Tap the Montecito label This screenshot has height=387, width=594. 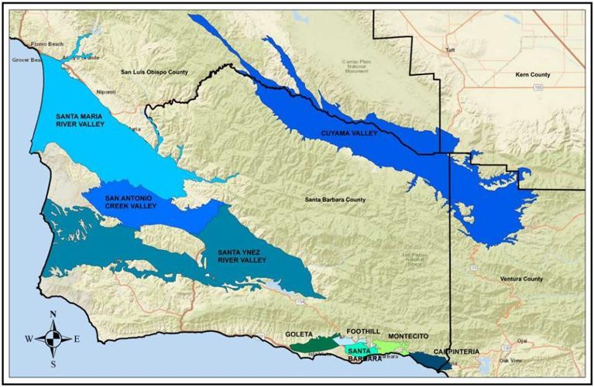click(407, 336)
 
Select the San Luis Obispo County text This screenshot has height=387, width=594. click(154, 72)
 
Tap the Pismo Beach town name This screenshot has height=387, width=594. click(47, 45)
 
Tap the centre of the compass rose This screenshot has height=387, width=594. click(53, 338)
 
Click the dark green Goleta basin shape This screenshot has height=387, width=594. click(314, 343)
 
